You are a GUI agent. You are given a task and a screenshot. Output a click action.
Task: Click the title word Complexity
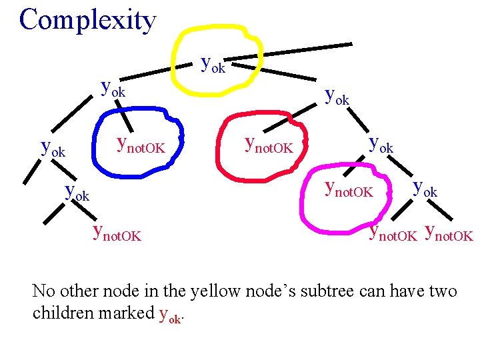87,20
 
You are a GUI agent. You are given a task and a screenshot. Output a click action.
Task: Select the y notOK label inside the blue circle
140,144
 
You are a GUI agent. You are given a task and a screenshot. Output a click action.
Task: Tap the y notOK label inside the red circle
269,144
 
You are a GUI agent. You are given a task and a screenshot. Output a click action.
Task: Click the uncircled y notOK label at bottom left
117,233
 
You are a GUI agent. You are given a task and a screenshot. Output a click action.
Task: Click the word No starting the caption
43,291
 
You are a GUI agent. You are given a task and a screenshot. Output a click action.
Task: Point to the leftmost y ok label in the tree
53,147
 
